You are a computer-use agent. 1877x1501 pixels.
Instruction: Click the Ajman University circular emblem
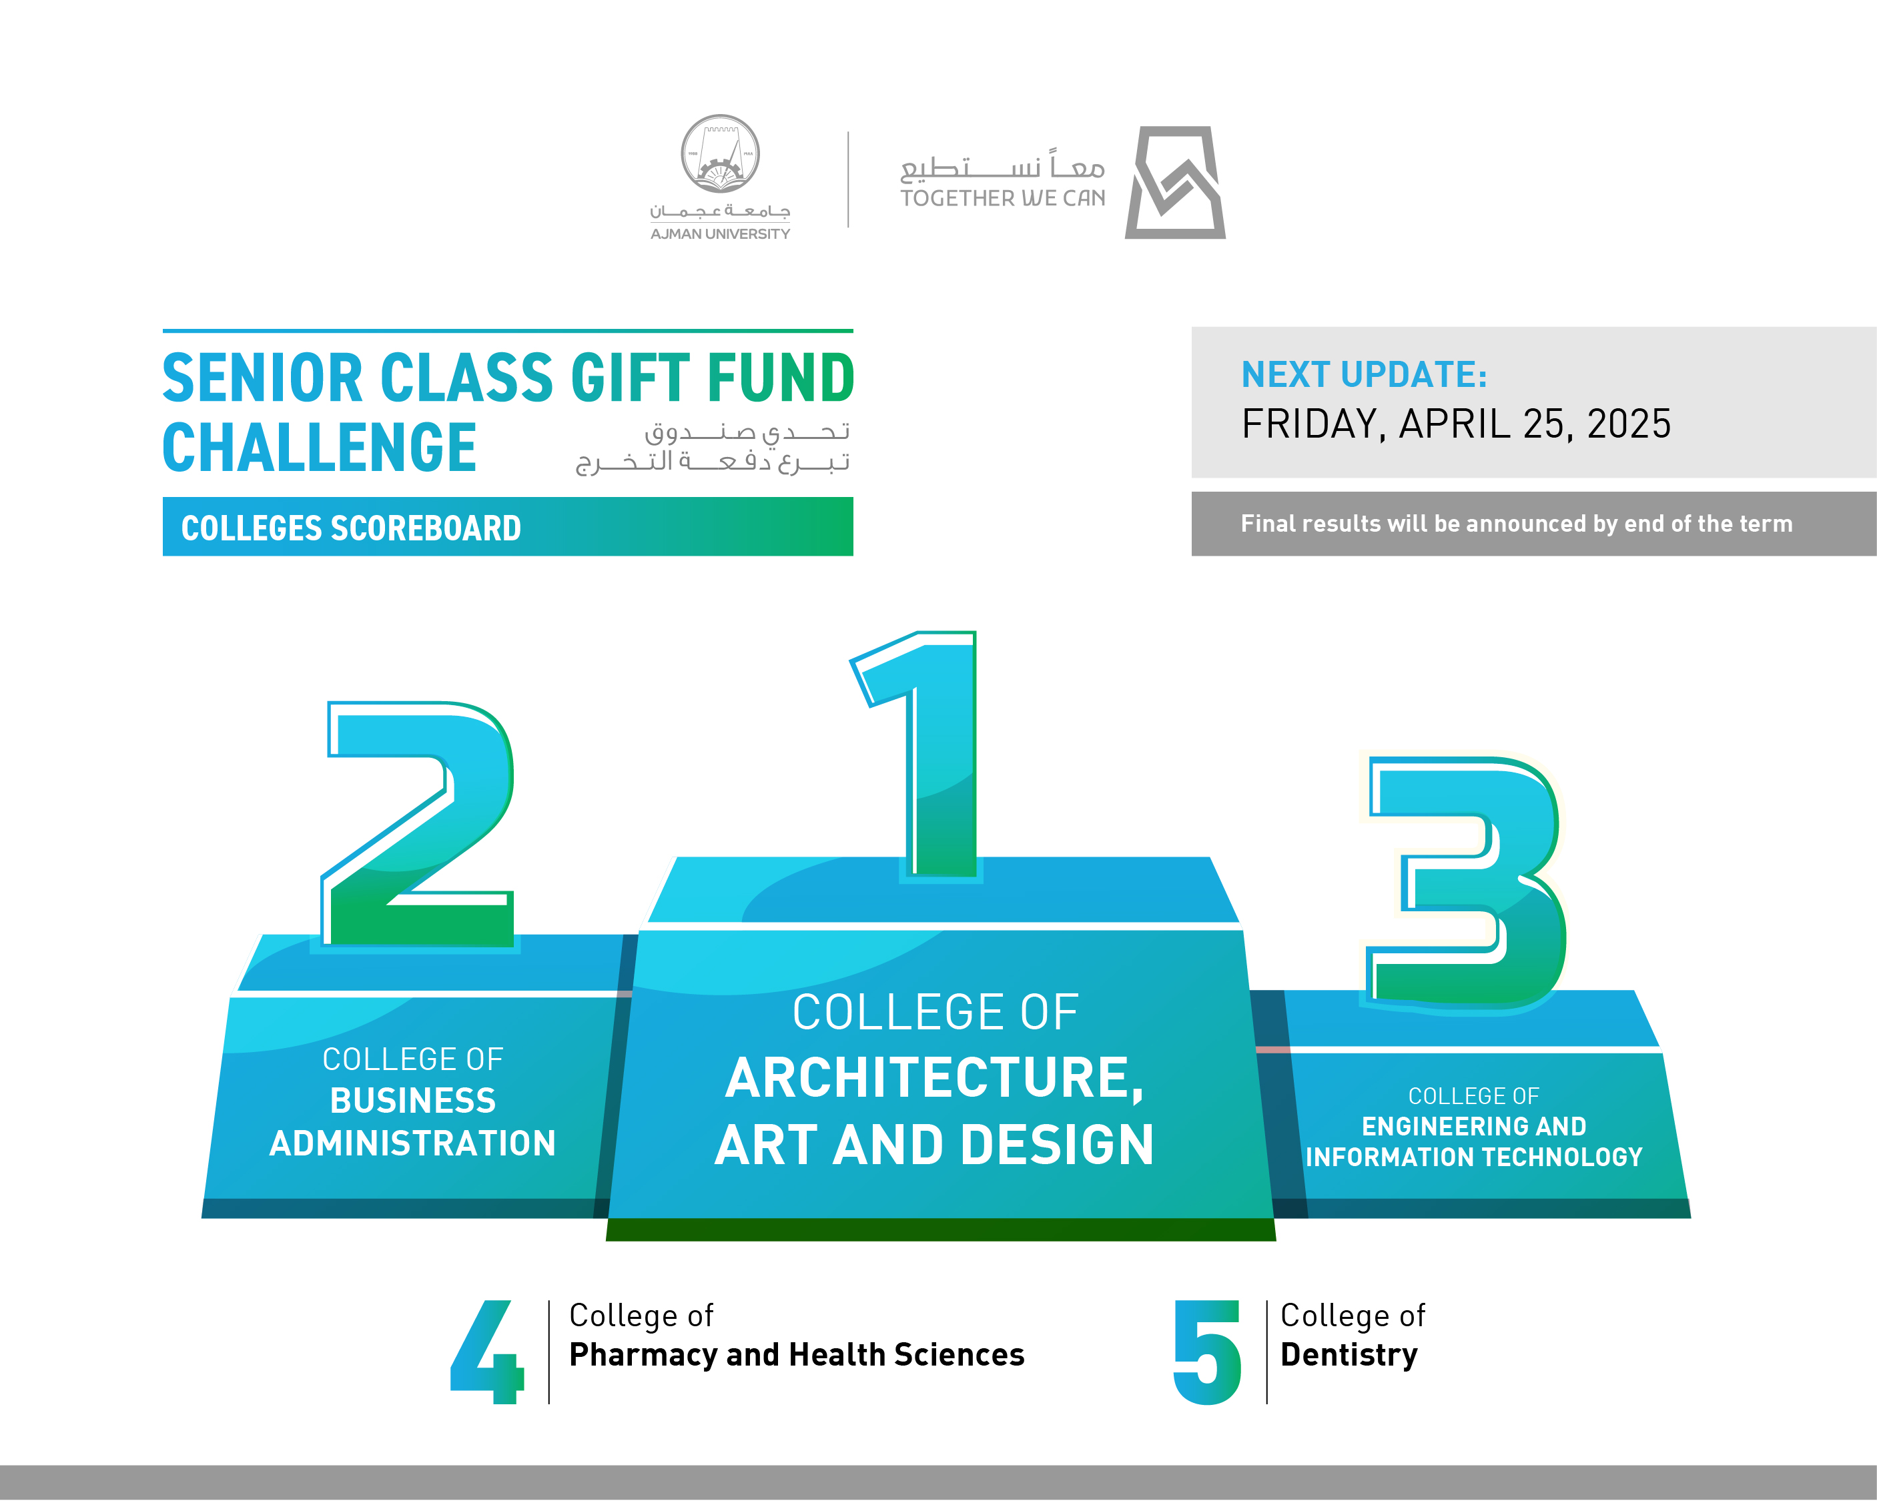(720, 154)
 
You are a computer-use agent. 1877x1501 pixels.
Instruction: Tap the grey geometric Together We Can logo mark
(1175, 183)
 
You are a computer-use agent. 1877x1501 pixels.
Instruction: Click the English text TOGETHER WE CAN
(1003, 199)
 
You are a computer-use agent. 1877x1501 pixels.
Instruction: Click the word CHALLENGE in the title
(320, 448)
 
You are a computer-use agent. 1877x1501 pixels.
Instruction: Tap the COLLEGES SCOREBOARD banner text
(351, 528)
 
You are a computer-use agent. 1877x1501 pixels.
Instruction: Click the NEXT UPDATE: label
(1365, 374)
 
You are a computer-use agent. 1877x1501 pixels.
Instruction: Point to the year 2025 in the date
(1629, 424)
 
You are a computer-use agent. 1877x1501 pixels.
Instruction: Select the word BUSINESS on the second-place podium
(412, 1101)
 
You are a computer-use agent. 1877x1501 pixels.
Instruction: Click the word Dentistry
(1349, 1356)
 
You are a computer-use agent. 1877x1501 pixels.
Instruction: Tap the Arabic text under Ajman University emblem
(720, 211)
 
